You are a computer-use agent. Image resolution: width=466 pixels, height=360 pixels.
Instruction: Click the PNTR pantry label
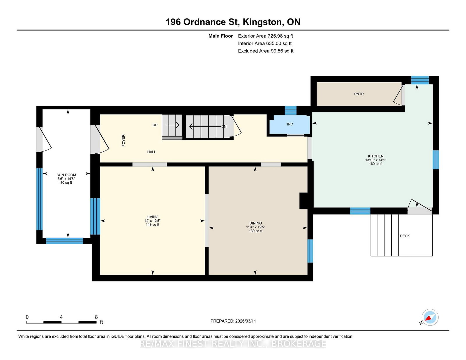pyautogui.click(x=359, y=94)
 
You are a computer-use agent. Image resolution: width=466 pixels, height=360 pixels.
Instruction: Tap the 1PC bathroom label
pyautogui.click(x=290, y=124)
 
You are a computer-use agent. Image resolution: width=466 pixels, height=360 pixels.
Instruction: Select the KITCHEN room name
pyautogui.click(x=376, y=156)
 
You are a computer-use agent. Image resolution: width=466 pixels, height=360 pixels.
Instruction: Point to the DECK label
pyautogui.click(x=405, y=236)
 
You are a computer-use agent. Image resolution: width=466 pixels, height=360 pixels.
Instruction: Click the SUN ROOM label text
pyautogui.click(x=66, y=175)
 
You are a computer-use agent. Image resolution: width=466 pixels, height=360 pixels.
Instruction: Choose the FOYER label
pyautogui.click(x=123, y=141)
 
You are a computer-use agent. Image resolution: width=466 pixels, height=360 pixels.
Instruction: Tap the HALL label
pyautogui.click(x=151, y=152)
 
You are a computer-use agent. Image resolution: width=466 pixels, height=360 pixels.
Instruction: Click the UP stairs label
pyautogui.click(x=155, y=125)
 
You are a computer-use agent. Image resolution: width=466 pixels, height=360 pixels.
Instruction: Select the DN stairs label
pyautogui.click(x=224, y=126)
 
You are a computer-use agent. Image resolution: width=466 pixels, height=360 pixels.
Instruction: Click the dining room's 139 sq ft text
pyautogui.click(x=256, y=231)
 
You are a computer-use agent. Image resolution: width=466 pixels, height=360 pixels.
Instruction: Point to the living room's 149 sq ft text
pyautogui.click(x=153, y=225)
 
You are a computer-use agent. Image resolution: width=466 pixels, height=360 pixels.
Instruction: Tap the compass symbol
pyautogui.click(x=430, y=317)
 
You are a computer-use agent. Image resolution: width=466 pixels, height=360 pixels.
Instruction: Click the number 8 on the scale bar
pyautogui.click(x=96, y=317)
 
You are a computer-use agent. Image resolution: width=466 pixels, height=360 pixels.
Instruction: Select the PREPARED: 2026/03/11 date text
pyautogui.click(x=233, y=321)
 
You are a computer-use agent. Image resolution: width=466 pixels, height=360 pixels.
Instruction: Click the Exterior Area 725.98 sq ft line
pyautogui.click(x=266, y=36)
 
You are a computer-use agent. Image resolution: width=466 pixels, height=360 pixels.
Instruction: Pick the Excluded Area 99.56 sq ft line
pyautogui.click(x=266, y=51)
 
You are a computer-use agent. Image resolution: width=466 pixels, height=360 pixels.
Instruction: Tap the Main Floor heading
pyautogui.click(x=221, y=36)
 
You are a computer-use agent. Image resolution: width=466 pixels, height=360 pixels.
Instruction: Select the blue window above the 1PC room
pyautogui.click(x=291, y=110)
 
